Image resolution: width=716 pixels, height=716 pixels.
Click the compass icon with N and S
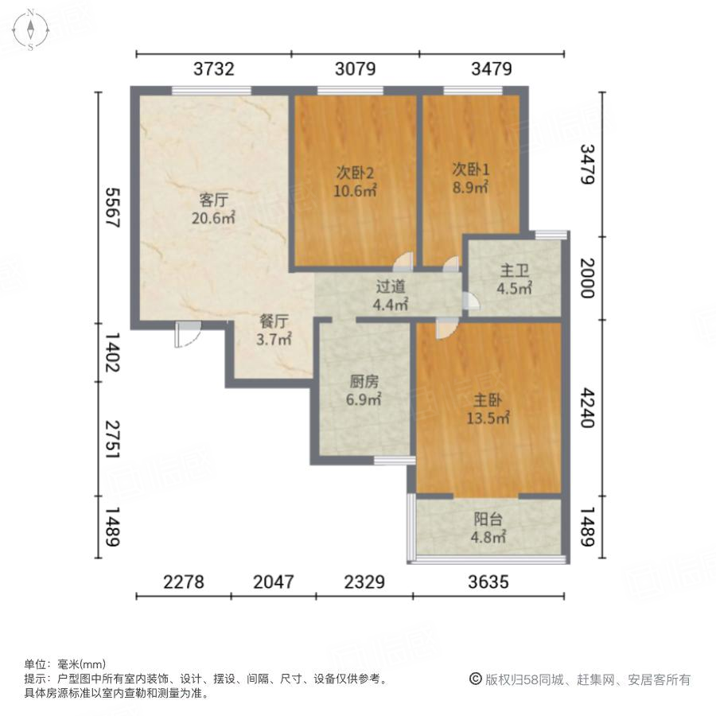(x=30, y=30)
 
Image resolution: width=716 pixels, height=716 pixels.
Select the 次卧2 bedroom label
(x=355, y=172)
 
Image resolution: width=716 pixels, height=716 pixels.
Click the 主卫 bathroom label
(x=514, y=271)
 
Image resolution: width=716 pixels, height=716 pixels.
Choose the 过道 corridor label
(x=391, y=286)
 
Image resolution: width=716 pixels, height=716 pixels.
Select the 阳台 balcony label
(x=489, y=519)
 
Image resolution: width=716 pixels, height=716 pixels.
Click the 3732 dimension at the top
(x=213, y=69)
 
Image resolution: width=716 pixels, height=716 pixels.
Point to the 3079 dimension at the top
(x=355, y=69)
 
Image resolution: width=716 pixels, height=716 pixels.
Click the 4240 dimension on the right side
(x=586, y=408)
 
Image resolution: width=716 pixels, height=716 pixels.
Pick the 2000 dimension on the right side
(x=586, y=278)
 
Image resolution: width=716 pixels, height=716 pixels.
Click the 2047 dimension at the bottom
(x=273, y=582)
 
